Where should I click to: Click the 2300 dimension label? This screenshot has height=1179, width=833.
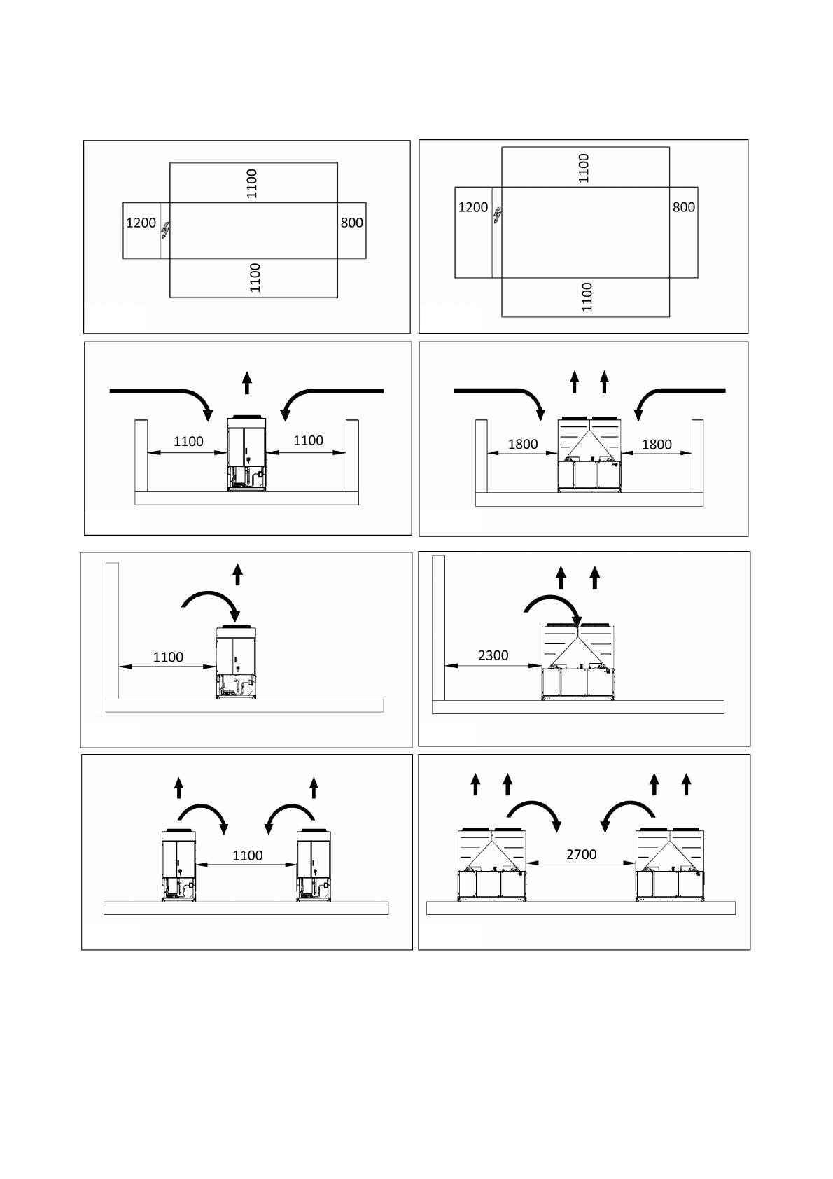(493, 655)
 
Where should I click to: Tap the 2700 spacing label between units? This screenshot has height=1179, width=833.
(581, 854)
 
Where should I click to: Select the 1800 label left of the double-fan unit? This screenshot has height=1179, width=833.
(522, 444)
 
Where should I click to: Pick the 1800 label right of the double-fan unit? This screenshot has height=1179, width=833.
(657, 444)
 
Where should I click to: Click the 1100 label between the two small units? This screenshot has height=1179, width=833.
(247, 856)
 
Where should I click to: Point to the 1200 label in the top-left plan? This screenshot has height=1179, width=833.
(141, 223)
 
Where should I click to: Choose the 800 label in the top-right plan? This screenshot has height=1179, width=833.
(683, 207)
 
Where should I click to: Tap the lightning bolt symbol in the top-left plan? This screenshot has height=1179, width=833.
(166, 229)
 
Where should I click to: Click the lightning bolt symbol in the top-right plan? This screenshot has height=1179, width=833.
(497, 214)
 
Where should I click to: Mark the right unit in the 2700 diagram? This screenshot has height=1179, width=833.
(671, 865)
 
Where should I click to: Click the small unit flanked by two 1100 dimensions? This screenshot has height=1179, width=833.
(247, 454)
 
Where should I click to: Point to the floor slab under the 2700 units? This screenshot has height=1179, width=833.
(581, 908)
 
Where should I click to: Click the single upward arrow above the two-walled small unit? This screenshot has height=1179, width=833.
(247, 384)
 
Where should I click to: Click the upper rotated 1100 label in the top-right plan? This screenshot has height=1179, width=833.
(584, 168)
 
